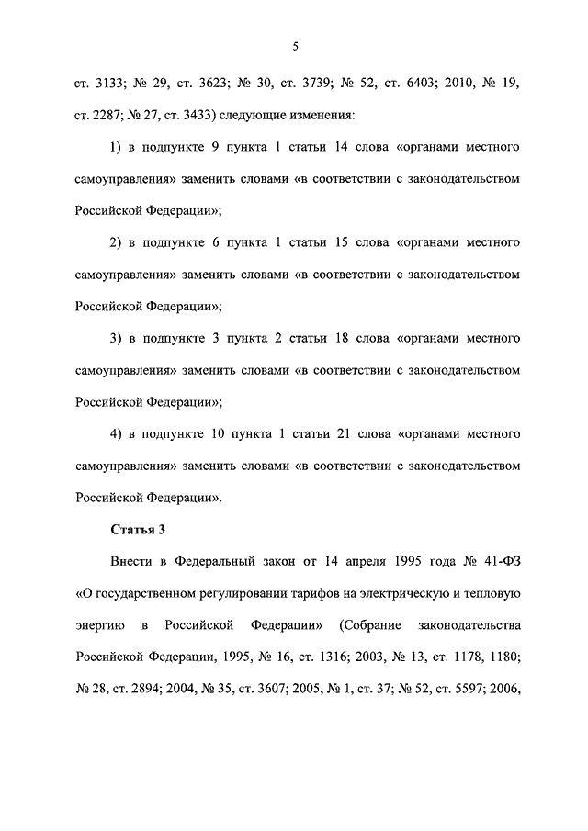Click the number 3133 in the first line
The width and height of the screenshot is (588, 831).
tap(107, 84)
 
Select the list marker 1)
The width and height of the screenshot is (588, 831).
tap(117, 147)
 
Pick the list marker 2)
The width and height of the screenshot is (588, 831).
tap(117, 243)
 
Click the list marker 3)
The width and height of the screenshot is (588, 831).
tap(117, 339)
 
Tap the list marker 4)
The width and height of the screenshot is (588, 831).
tap(117, 434)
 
